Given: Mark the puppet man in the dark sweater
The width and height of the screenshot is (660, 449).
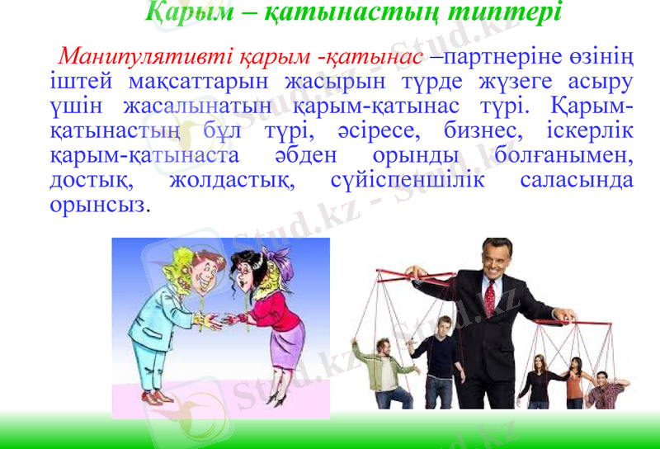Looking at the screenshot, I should [444, 355].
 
